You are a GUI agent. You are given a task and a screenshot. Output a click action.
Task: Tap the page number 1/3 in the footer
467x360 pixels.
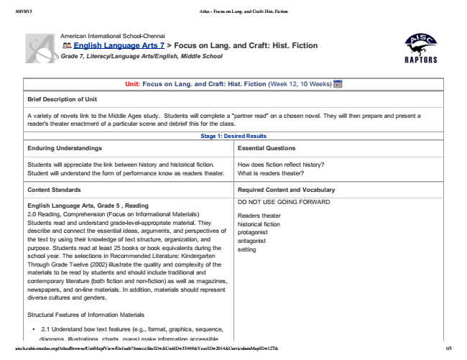(448, 349)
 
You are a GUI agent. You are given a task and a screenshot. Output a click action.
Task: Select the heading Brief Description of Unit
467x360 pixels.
(68, 99)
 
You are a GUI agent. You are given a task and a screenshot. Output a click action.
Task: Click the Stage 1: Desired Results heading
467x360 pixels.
(233, 135)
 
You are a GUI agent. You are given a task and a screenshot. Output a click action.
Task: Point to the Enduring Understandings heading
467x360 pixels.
(64, 148)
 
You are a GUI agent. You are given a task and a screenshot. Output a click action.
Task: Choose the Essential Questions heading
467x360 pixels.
(266, 148)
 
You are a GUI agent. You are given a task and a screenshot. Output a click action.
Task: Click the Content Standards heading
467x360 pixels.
(54, 190)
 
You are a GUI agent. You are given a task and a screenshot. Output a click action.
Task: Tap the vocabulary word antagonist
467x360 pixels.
(254, 241)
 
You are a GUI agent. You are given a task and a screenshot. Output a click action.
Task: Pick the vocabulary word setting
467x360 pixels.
(247, 249)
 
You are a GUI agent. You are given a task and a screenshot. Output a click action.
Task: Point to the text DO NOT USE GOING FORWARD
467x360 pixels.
(283, 202)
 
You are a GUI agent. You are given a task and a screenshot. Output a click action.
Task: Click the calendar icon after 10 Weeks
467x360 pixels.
(337, 84)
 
